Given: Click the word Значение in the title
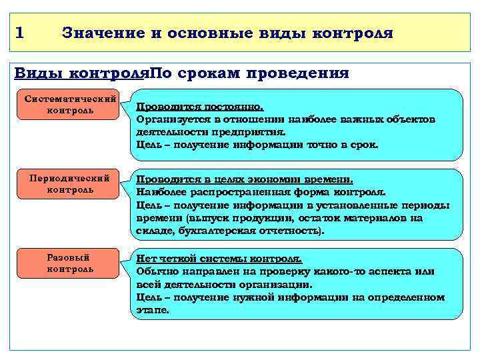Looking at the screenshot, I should pyautogui.click(x=101, y=32).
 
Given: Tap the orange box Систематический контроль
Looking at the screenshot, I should pyautogui.click(x=70, y=104).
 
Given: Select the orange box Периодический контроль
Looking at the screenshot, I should pyautogui.click(x=70, y=183).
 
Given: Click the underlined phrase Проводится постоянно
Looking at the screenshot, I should pyautogui.click(x=200, y=107).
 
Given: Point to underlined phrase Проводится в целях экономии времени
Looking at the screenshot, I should pyautogui.click(x=245, y=179).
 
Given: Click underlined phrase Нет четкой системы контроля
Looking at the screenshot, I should pyautogui.click(x=219, y=259).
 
